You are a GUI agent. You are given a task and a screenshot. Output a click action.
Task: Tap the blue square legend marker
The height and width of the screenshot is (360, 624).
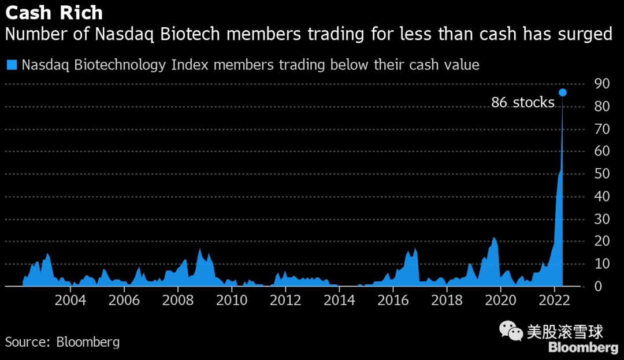pyautogui.click(x=11, y=64)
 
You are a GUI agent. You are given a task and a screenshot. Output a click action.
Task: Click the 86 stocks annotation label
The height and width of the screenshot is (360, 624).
pyautogui.click(x=522, y=103)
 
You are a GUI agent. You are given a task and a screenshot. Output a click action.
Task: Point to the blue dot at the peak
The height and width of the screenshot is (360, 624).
pyautogui.click(x=562, y=92)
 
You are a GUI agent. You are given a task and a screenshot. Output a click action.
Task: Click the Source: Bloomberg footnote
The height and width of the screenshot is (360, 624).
pyautogui.click(x=62, y=342)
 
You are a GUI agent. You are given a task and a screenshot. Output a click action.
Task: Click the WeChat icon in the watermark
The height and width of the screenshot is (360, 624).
pyautogui.click(x=511, y=331)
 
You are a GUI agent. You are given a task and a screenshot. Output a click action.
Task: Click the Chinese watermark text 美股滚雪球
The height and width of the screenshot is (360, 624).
pyautogui.click(x=564, y=332)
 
